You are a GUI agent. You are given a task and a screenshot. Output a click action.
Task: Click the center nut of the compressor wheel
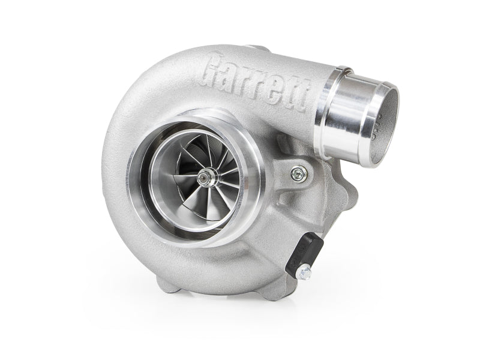(x=203, y=176)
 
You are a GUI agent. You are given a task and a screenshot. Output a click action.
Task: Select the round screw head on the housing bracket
(x=299, y=174)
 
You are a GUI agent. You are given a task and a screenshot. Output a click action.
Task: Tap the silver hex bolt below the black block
(x=303, y=272)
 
